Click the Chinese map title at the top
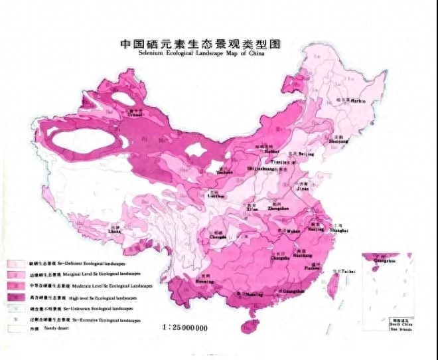(x=200, y=44)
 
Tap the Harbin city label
(x=340, y=102)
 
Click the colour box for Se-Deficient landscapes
(x=11, y=264)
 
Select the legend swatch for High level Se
(x=11, y=297)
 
